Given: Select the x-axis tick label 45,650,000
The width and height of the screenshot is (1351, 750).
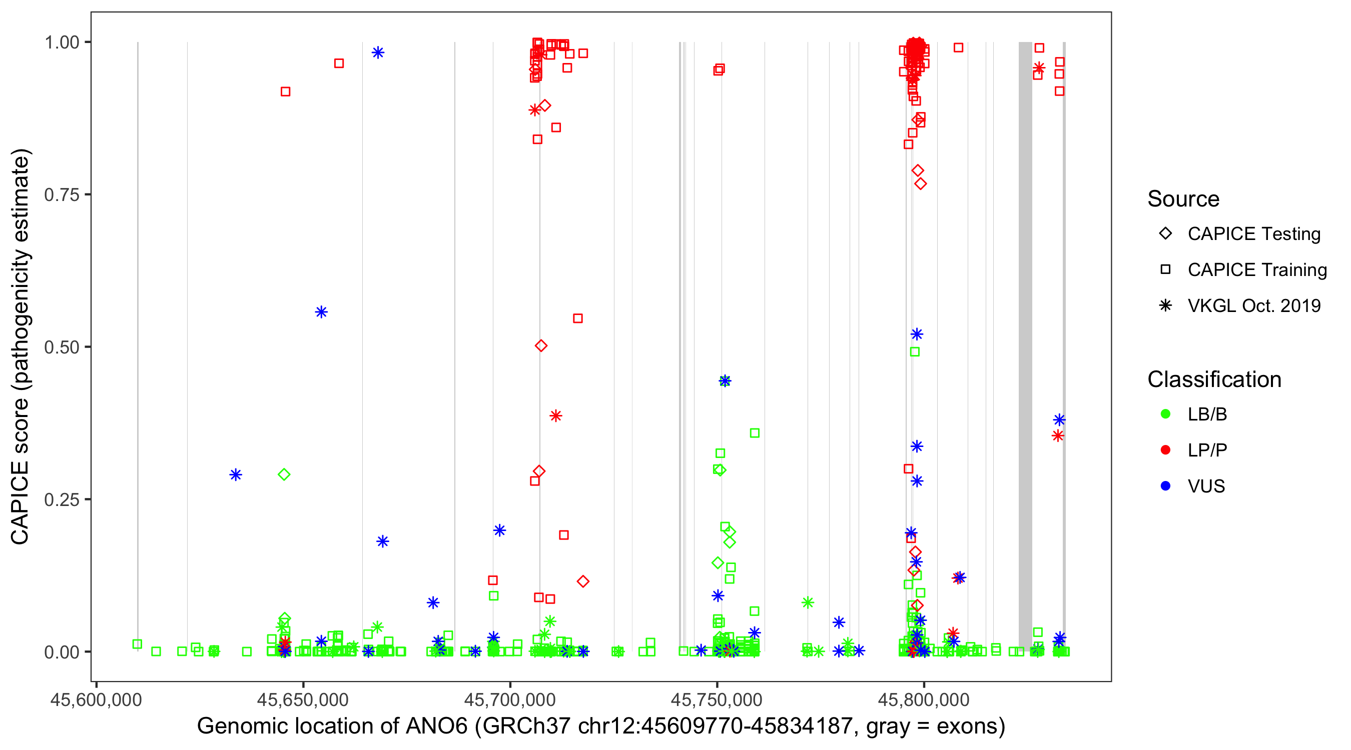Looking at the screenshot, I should (x=303, y=699).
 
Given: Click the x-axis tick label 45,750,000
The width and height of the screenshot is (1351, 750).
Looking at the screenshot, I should (x=717, y=699).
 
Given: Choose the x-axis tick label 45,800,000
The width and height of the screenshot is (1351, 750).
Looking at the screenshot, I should (x=924, y=699).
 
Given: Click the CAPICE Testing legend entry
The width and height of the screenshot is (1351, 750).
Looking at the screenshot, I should (x=1253, y=234).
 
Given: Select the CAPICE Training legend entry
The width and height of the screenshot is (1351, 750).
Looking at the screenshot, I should (x=1256, y=270).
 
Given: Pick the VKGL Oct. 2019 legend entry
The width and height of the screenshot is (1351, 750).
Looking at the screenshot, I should (x=1253, y=305).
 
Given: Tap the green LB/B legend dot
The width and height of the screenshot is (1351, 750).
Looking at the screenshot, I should (x=1165, y=414).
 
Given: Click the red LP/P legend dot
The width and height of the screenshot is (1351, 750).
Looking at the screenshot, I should (x=1165, y=450).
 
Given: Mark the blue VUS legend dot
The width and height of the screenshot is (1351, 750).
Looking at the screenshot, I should (x=1165, y=486).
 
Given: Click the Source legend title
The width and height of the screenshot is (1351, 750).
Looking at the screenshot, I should (x=1183, y=199).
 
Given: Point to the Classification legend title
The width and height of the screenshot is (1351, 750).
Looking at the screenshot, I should (x=1214, y=379).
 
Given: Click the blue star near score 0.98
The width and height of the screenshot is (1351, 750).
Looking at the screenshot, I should (x=378, y=52).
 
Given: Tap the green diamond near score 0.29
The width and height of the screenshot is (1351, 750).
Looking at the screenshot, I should (x=284, y=474).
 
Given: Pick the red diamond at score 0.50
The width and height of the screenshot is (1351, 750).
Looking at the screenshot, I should (x=541, y=346).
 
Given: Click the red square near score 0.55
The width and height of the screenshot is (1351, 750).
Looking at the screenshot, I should (x=577, y=318).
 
